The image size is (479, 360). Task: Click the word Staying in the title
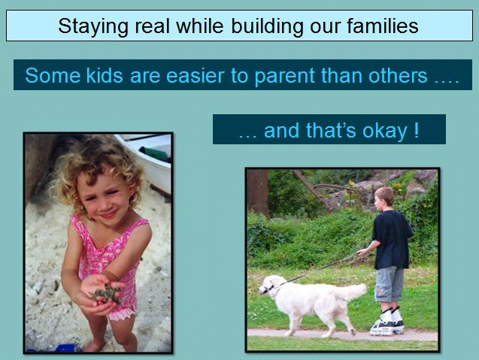pyautogui.click(x=93, y=26)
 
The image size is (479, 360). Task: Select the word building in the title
pyautogui.click(x=267, y=26)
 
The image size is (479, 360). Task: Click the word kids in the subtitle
pyautogui.click(x=105, y=75)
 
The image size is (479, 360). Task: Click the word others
pyautogui.click(x=398, y=75)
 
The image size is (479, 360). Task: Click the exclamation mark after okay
pyautogui.click(x=417, y=130)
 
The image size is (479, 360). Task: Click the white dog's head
pyautogui.click(x=270, y=285)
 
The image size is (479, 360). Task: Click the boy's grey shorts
pyautogui.click(x=390, y=283)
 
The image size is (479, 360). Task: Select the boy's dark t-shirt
pyautogui.click(x=392, y=240)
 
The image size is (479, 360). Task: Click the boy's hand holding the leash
pyautogui.click(x=362, y=252)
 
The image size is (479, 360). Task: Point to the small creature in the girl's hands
pyautogui.click(x=107, y=294)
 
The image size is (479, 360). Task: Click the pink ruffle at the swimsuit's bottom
pyautogui.click(x=122, y=314)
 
